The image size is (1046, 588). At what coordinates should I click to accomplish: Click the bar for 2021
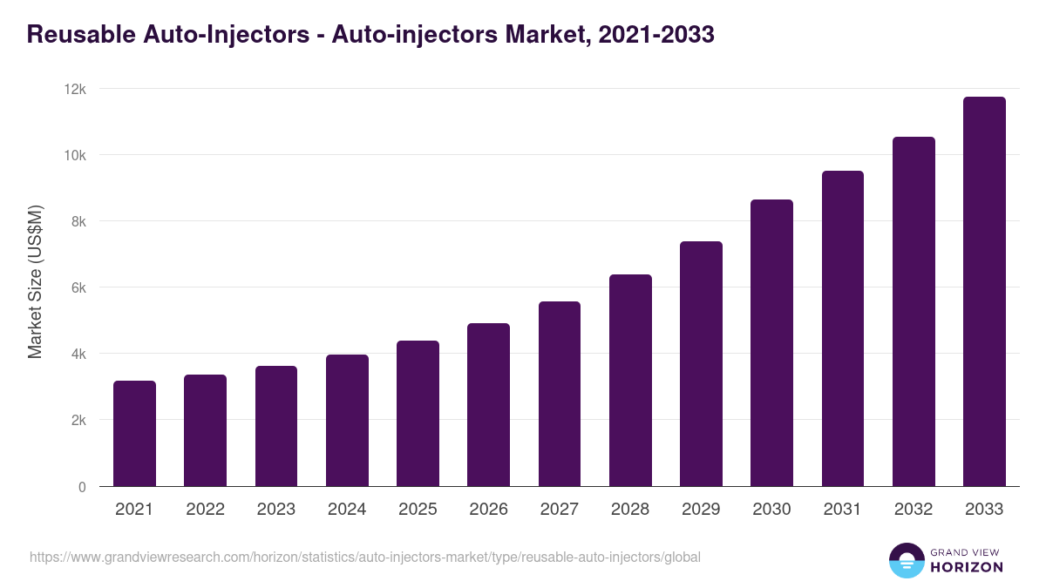[134, 434]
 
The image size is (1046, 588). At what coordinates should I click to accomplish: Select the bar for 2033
[984, 292]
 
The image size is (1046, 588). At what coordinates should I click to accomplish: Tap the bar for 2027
[560, 394]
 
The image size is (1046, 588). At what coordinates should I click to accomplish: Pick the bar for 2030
[771, 343]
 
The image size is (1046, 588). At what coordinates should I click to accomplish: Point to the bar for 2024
[347, 421]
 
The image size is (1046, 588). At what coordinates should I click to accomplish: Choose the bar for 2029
[701, 364]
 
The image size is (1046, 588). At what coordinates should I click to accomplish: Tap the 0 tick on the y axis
[83, 487]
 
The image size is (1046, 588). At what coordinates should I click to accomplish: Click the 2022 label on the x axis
[205, 510]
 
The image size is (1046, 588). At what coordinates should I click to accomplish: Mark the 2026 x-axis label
[488, 510]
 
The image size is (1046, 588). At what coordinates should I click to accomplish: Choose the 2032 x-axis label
[914, 510]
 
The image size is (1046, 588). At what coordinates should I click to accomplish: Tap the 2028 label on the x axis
[630, 510]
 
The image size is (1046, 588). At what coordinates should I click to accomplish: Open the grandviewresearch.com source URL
[364, 557]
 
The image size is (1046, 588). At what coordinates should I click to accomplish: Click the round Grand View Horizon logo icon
[906, 560]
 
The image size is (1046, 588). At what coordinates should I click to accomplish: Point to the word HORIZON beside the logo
[967, 567]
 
